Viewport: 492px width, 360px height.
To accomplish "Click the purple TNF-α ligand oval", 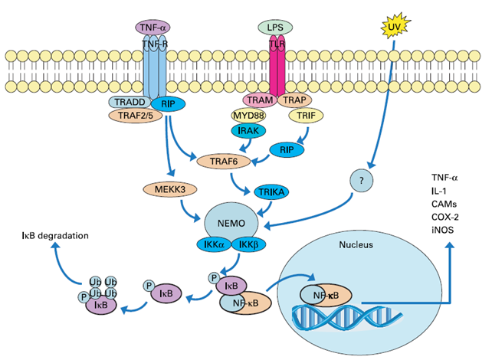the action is coord(153,28).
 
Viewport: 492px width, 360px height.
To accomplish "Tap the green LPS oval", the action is coord(275,28).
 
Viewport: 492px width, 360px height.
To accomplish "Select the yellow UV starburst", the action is coord(395,28).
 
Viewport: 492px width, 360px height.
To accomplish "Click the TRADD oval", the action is coord(130,102).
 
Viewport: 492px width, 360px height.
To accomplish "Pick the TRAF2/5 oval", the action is coord(136,116).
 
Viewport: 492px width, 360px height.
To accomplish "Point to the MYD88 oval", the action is coord(248,116).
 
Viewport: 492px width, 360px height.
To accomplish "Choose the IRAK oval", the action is coord(248,130).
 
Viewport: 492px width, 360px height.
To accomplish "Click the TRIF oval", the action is coord(306,116).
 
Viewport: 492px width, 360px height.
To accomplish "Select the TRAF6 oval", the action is coord(224,162).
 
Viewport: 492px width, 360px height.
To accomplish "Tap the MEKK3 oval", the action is coord(170,189).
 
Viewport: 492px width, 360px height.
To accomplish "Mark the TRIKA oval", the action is coord(271,192).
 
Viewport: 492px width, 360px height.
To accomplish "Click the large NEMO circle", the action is coord(231,223).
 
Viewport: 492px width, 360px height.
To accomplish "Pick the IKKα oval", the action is coord(215,244).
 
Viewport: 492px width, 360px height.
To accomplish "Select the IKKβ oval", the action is coord(248,244).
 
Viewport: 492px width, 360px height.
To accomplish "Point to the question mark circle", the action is coord(362,180).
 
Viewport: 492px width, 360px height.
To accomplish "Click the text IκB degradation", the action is coord(55,235).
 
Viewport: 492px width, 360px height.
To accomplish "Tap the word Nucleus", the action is coord(356,244).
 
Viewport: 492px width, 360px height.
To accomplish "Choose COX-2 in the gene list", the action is coord(445,217).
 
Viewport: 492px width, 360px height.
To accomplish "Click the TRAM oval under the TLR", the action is coord(260,100).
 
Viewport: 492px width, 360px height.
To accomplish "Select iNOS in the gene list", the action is coord(442,230).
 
